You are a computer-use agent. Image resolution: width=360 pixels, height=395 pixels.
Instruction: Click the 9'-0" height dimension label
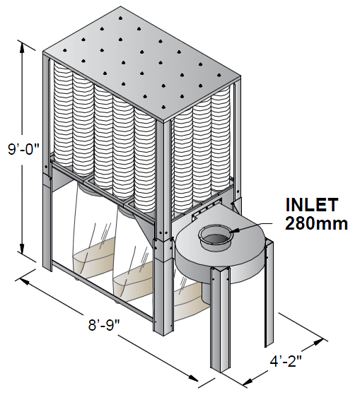[x=24, y=149]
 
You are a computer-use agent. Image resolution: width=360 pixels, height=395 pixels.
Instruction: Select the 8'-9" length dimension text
[x=103, y=325]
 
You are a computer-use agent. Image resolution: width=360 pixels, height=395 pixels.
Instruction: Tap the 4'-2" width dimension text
[x=286, y=362]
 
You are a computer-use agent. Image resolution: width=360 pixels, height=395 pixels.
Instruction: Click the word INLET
[x=312, y=204]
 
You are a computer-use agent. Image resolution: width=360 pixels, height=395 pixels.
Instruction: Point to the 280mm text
[x=316, y=223]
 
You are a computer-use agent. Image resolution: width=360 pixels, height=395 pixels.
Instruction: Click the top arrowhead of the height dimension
[x=22, y=47]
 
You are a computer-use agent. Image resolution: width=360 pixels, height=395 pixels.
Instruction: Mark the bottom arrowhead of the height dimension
[x=22, y=249]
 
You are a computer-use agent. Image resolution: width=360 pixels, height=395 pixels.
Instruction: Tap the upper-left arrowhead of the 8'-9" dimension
[x=24, y=281]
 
